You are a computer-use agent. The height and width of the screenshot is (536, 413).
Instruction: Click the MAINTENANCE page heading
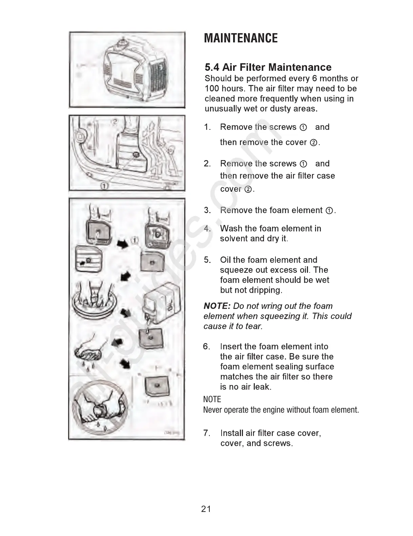[x=241, y=38]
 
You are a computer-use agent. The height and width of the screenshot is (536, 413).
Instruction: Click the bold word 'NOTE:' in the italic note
[x=217, y=306]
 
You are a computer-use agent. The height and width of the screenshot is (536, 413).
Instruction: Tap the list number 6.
[x=206, y=347]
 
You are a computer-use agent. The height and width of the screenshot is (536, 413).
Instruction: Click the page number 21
[x=206, y=509]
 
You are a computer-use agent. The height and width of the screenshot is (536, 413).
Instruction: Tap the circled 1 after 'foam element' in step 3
[x=329, y=211]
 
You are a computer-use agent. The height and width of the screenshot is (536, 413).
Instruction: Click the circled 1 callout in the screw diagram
[x=105, y=186]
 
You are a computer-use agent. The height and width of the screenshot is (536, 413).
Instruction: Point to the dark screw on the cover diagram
[x=136, y=154]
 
